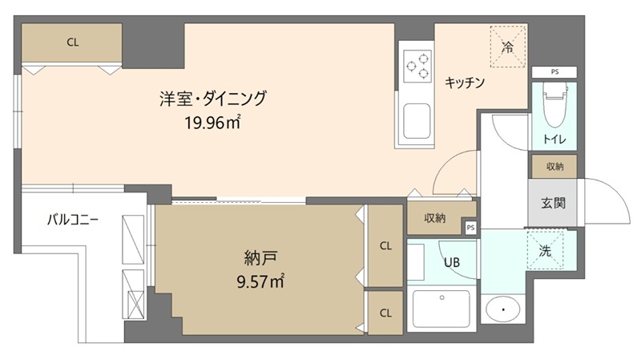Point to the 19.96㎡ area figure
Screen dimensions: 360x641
tap(212, 123)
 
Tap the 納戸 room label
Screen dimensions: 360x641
tap(260, 258)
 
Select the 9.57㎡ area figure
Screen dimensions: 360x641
tap(260, 281)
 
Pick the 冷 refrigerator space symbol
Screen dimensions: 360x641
tap(507, 47)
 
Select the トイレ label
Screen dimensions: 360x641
tap(554, 139)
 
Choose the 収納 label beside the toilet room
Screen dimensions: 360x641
tap(554, 166)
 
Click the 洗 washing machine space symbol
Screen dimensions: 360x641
tap(546, 250)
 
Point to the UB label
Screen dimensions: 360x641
tap(452, 261)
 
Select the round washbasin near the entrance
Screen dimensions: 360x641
tap(503, 309)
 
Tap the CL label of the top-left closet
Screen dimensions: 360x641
tap(73, 43)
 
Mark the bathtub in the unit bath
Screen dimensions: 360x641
tap(442, 309)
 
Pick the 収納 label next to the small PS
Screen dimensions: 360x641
tap(435, 217)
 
